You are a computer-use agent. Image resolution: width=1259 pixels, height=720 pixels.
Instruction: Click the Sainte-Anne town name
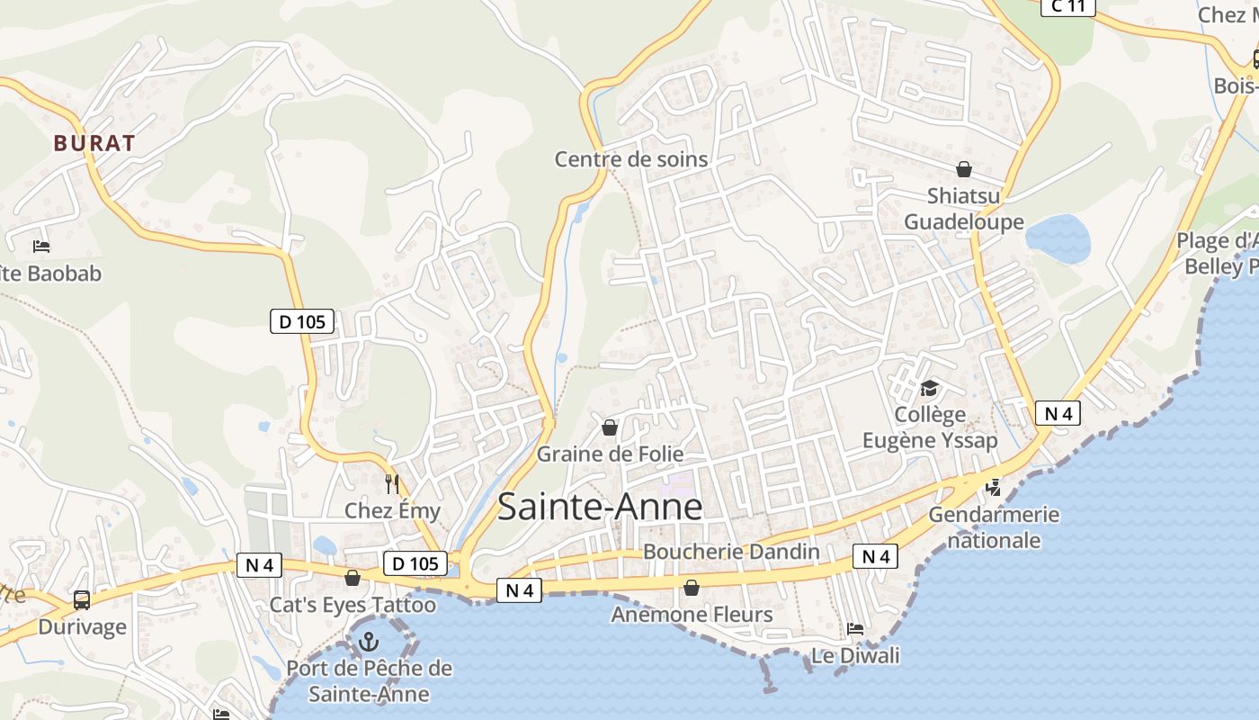[600, 507]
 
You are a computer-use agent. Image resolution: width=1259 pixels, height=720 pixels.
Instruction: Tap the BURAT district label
[94, 143]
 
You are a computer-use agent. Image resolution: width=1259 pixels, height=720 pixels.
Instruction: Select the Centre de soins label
[631, 159]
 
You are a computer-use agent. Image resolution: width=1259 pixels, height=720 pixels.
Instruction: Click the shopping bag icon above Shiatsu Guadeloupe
[964, 169]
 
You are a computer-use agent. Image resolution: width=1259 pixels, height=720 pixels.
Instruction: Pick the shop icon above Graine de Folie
[610, 427]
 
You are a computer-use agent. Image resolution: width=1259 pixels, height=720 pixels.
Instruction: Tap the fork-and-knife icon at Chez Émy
[391, 484]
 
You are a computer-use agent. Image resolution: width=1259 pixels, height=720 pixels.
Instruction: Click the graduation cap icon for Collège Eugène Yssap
[929, 388]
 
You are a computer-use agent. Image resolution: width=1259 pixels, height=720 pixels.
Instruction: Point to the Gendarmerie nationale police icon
[993, 487]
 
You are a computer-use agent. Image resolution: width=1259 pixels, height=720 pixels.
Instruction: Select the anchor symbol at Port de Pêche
[368, 642]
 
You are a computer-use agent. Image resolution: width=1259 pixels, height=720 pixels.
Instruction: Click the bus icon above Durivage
[82, 599]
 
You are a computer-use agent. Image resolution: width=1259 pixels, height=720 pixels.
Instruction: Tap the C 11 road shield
[1067, 6]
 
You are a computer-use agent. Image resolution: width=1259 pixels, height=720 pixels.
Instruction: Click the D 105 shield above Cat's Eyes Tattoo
[415, 564]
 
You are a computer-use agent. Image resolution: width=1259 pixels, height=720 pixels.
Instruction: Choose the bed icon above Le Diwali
[855, 628]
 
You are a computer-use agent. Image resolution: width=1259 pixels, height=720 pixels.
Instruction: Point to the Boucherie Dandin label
[732, 552]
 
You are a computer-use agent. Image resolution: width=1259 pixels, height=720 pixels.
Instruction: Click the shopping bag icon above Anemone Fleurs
[692, 589]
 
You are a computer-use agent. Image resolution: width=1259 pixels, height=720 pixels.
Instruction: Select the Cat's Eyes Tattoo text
[353, 605]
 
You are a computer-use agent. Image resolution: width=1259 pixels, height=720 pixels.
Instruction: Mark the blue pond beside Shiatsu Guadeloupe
[1058, 238]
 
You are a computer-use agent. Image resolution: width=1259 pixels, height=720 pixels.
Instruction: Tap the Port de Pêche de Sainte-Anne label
[369, 681]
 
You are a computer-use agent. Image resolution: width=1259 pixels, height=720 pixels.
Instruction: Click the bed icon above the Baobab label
[41, 246]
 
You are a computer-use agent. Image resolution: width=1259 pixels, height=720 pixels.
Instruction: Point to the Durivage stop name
[82, 626]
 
